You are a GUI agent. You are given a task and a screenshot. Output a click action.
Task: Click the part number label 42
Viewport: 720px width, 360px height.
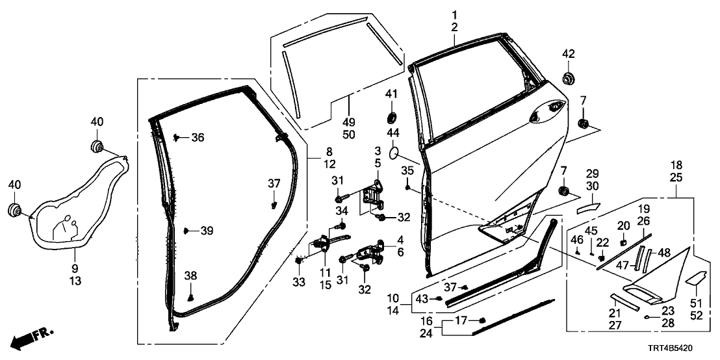(x=569, y=53)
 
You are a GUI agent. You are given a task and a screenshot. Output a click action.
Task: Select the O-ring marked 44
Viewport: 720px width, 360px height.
(x=393, y=153)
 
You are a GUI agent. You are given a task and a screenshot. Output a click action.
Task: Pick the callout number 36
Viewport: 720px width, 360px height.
(x=197, y=137)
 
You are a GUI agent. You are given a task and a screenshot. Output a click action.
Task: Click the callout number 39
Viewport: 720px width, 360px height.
(x=206, y=231)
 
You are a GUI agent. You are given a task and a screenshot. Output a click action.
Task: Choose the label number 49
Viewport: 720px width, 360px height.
(x=349, y=122)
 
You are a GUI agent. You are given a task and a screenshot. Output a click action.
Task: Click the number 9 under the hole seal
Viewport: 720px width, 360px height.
(x=75, y=268)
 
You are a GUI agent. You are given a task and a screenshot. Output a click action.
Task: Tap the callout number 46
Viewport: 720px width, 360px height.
(x=576, y=240)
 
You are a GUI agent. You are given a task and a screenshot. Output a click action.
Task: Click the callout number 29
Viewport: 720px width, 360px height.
(x=591, y=175)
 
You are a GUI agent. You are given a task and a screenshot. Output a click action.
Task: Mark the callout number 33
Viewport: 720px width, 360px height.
(x=300, y=283)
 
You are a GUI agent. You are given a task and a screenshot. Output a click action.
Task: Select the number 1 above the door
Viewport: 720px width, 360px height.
(x=454, y=14)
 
